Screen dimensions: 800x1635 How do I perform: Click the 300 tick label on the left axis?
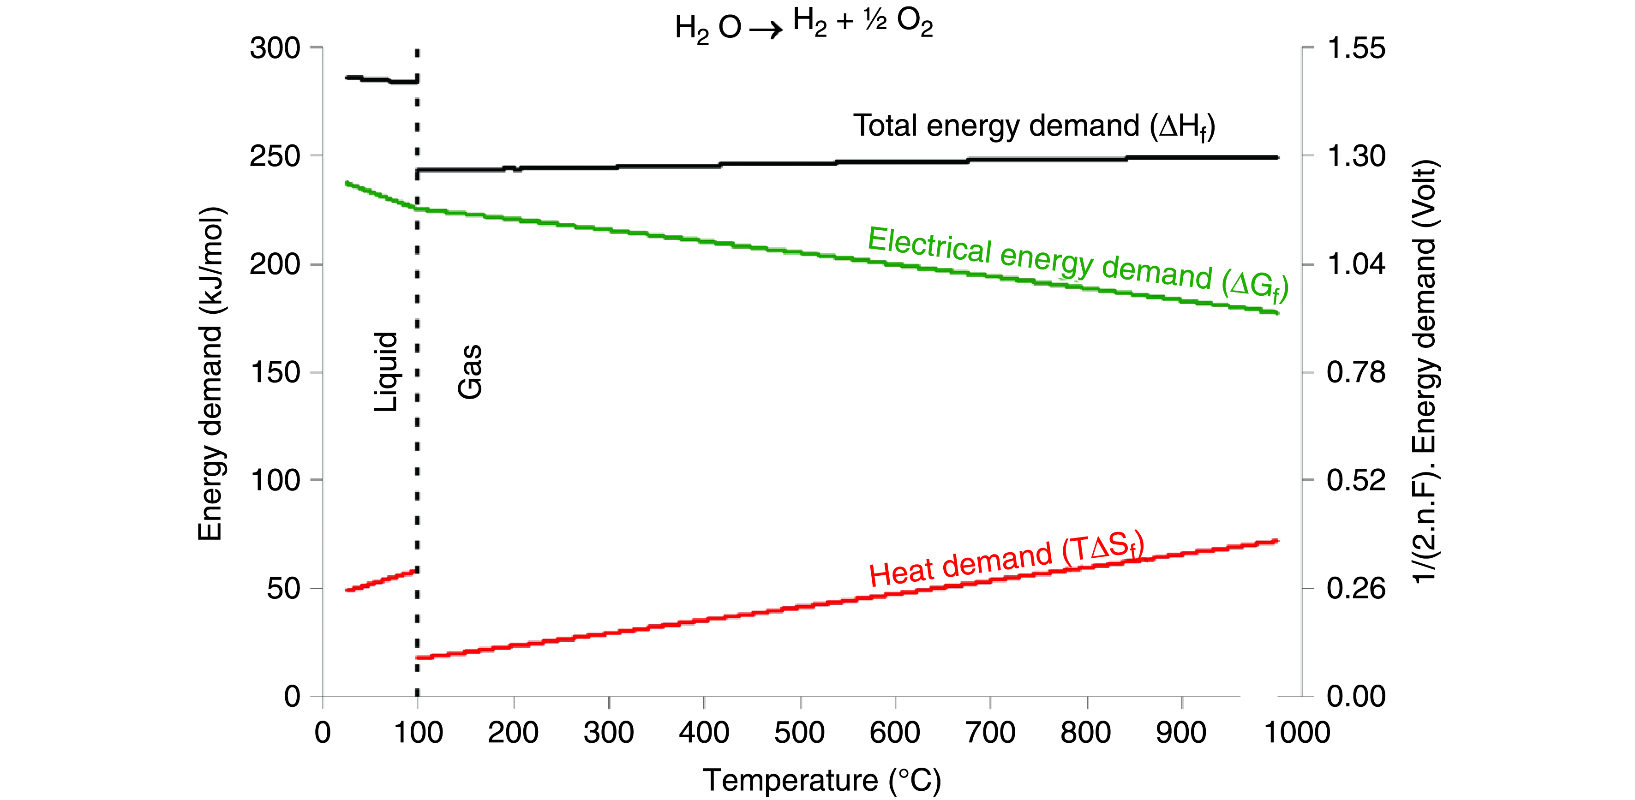(x=275, y=48)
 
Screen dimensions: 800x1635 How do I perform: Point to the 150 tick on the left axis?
(x=275, y=372)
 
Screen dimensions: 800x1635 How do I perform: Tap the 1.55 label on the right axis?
(x=1356, y=48)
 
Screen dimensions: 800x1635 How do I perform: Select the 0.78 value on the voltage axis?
(x=1356, y=372)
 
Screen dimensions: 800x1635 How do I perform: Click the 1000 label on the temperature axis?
(x=1297, y=733)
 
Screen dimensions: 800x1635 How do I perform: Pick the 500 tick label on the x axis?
(x=799, y=733)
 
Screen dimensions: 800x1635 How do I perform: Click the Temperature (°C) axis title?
(x=822, y=780)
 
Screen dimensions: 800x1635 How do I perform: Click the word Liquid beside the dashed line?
(x=385, y=372)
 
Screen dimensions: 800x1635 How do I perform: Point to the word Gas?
(x=470, y=372)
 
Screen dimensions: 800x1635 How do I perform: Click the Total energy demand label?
(x=1033, y=126)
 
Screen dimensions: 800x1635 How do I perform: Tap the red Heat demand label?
(x=1006, y=558)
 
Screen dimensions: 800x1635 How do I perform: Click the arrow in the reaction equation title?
(x=766, y=29)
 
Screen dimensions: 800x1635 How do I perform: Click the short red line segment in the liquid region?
(x=381, y=580)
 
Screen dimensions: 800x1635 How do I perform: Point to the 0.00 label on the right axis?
(x=1356, y=696)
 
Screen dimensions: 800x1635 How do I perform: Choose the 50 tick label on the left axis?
(x=283, y=589)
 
